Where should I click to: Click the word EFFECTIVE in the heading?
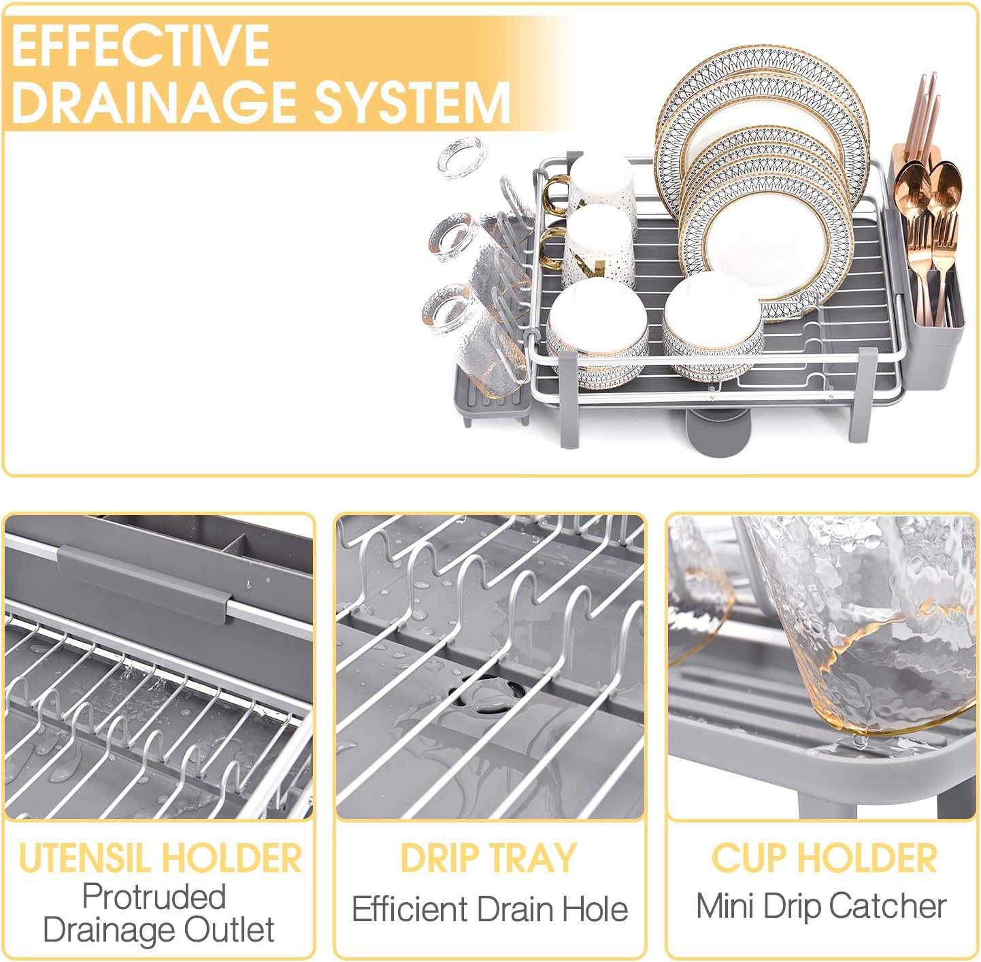[x=140, y=45]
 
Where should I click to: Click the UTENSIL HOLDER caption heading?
[x=160, y=858]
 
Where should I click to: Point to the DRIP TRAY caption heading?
[x=488, y=858]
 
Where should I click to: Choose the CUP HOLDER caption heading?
[x=824, y=858]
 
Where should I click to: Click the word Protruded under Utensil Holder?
[x=154, y=897]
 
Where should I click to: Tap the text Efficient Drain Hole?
[x=490, y=910]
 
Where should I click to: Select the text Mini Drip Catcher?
[x=821, y=906]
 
